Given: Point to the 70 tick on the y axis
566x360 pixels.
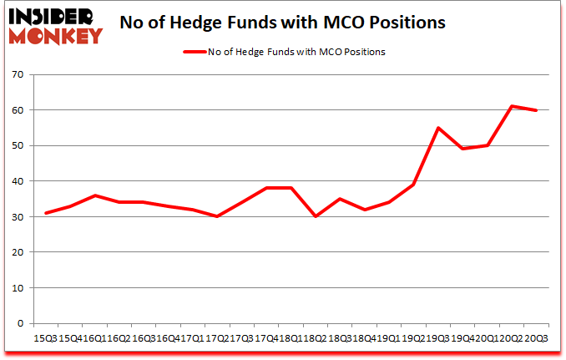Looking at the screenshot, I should [x=18, y=74].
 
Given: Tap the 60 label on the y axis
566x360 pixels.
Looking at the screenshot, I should [x=18, y=110].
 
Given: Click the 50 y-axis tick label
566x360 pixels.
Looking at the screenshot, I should [x=18, y=145].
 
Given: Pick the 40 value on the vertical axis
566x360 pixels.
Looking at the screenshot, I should [x=18, y=181].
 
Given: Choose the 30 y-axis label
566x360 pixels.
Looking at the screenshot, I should [x=18, y=216].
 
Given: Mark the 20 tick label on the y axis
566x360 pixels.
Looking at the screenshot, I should [x=18, y=252].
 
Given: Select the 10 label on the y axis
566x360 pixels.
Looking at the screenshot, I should [x=18, y=287].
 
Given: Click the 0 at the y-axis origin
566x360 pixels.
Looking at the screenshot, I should [x=20, y=323].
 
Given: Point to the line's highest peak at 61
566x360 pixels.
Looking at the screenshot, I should [x=511, y=106].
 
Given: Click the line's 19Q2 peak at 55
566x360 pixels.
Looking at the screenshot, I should [x=437, y=128].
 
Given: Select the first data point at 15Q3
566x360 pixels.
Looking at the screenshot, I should [x=45, y=213].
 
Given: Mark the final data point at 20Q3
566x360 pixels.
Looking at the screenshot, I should [x=535, y=110].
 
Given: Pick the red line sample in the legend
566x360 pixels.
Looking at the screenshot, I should [x=195, y=52].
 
